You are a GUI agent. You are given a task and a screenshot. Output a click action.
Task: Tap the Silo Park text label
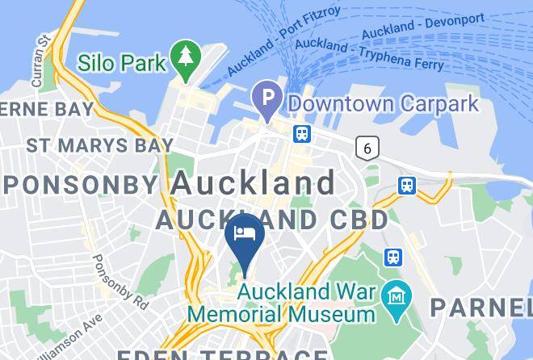click(121, 62)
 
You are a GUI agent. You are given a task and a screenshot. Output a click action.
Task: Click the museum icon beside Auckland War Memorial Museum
click(397, 294)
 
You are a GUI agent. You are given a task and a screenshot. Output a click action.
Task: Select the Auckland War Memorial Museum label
click(283, 302)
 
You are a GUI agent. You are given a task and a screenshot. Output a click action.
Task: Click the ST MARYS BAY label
click(99, 145)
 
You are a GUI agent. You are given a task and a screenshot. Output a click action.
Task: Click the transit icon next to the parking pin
click(302, 133)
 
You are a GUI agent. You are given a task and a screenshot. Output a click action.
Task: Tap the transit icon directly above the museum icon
click(394, 257)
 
